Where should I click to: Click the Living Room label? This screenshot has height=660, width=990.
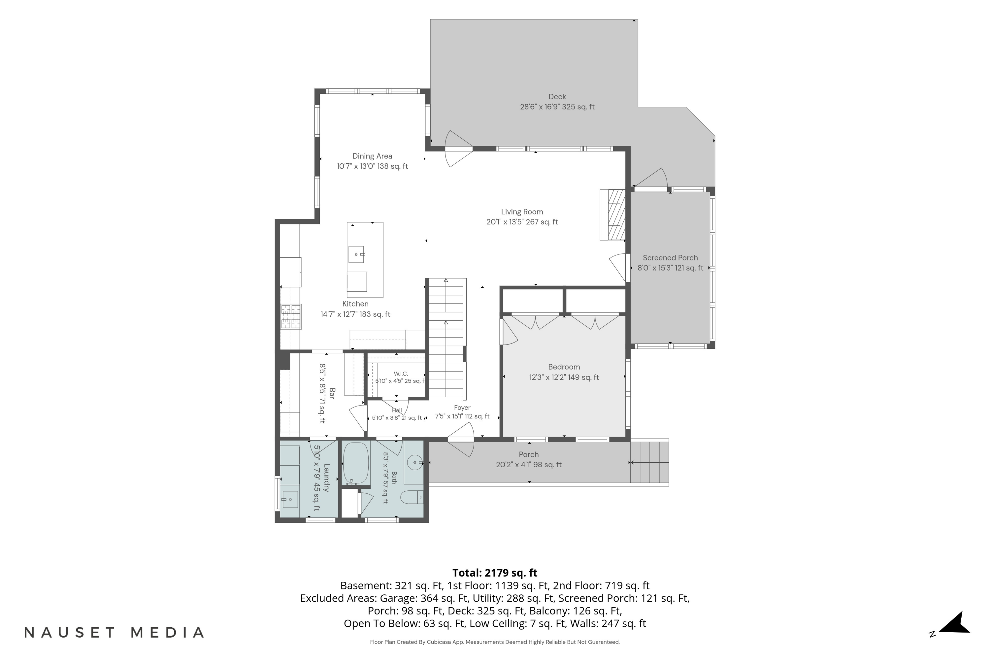click(x=522, y=212)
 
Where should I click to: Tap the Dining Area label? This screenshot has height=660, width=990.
click(x=372, y=156)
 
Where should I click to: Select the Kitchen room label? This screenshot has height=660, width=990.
click(x=355, y=304)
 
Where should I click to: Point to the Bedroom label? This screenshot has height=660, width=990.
click(x=564, y=367)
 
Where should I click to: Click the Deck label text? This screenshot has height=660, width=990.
click(x=557, y=97)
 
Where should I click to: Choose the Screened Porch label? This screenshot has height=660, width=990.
click(x=670, y=258)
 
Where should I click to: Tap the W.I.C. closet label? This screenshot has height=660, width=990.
click(x=401, y=374)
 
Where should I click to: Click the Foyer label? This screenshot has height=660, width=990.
click(x=462, y=408)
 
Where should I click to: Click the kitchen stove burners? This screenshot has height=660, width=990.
click(x=291, y=316)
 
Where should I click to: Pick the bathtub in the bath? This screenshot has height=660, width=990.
click(x=356, y=463)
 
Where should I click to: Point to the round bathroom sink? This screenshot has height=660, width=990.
click(x=415, y=463)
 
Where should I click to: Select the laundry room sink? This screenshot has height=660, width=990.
click(x=290, y=500)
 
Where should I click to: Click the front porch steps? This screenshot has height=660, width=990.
click(x=649, y=463)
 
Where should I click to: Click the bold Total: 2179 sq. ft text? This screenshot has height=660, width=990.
click(x=495, y=573)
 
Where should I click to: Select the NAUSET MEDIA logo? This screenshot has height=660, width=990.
click(x=114, y=633)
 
